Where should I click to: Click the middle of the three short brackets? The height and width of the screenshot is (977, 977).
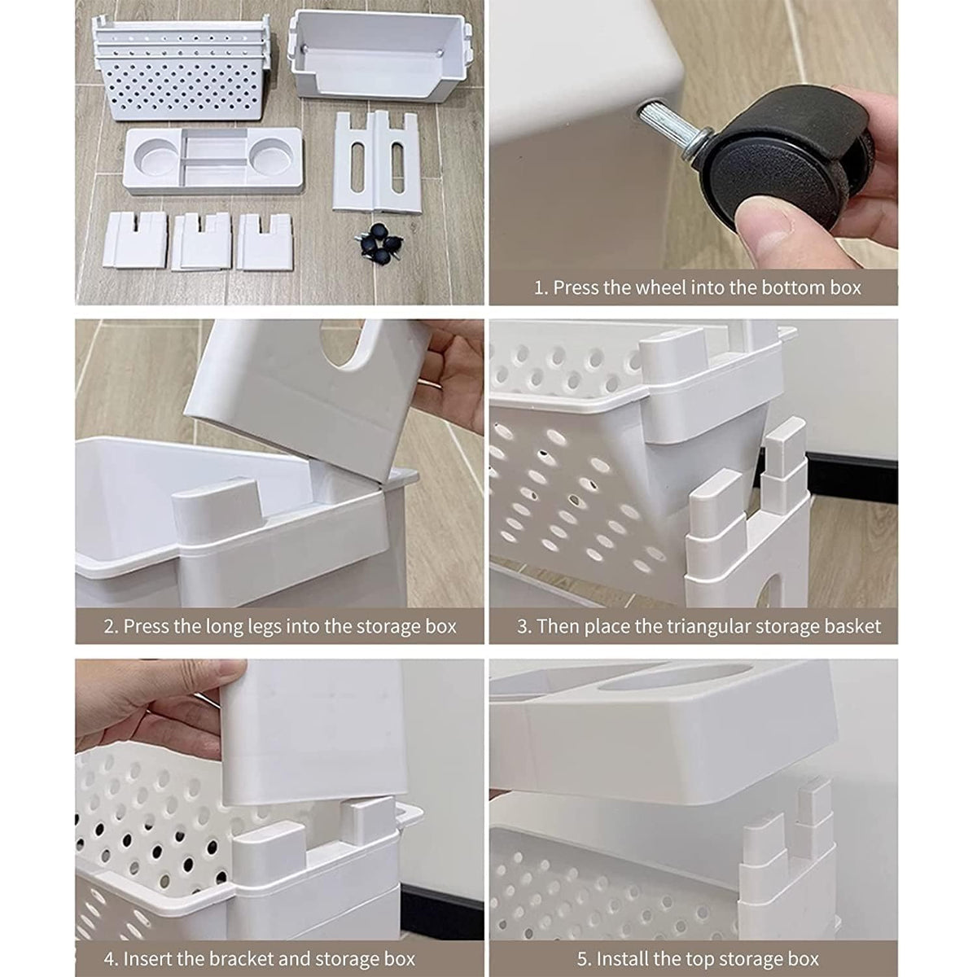[201, 241]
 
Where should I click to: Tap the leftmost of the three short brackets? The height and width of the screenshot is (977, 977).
[135, 240]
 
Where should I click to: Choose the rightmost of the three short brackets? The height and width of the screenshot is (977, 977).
[265, 241]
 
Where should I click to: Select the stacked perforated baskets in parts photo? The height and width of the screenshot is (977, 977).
[182, 68]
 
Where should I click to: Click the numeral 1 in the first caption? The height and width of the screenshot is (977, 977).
[540, 288]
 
